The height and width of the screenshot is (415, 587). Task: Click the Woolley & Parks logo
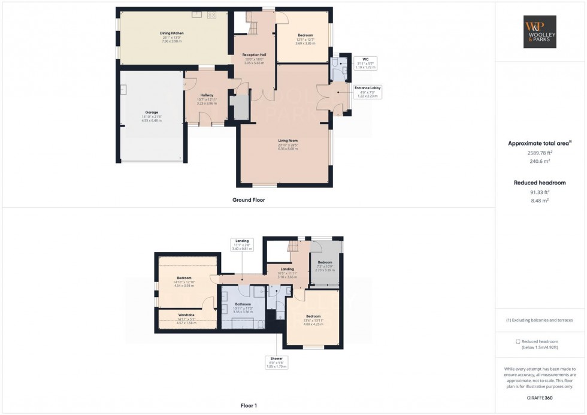coord(540,32)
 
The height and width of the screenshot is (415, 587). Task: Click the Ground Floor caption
coord(248,200)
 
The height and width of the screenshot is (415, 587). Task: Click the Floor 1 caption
coord(248,405)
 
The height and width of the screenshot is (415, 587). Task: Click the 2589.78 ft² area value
coord(540,153)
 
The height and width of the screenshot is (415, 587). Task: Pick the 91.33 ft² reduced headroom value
coord(540,192)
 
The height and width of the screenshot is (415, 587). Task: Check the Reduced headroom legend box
coord(518,341)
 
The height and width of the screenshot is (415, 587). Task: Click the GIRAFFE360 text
coord(540,398)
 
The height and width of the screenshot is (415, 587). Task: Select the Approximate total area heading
coord(538,143)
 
